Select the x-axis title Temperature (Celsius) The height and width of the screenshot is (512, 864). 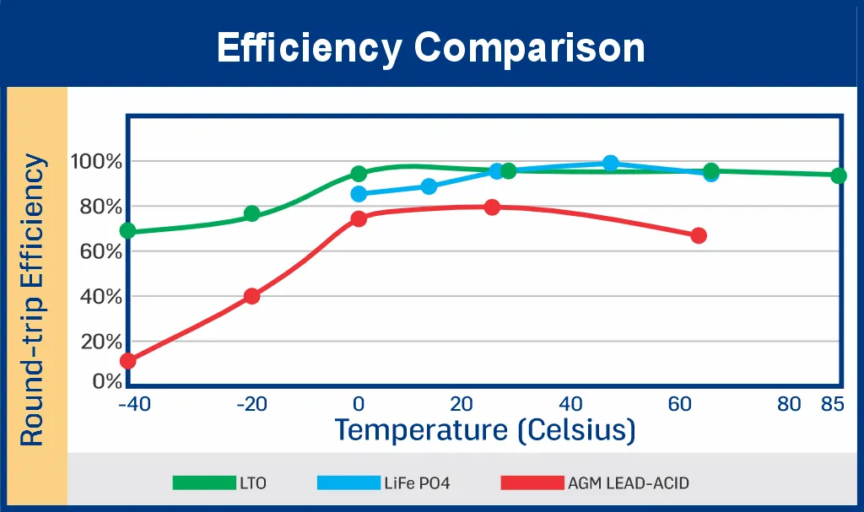pos(484,430)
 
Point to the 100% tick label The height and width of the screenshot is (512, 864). pos(97,161)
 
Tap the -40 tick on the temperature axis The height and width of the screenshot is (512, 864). pos(134,405)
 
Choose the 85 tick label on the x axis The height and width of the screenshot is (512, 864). pos(832,405)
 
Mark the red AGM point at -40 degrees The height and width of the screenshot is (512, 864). pos(128,361)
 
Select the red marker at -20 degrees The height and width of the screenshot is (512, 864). pos(251,296)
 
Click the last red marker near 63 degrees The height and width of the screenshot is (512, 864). pos(698,235)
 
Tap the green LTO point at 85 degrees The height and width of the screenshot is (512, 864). pos(838,175)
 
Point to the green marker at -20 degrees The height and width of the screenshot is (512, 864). pos(251,213)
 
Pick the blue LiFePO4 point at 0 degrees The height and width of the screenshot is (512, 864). pos(359,194)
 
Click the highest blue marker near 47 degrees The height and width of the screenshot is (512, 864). pos(611,163)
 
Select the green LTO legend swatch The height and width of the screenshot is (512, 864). pos(204,483)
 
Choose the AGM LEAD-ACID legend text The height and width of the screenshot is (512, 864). pos(629,483)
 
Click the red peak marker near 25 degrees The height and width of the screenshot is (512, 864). pos(492,207)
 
